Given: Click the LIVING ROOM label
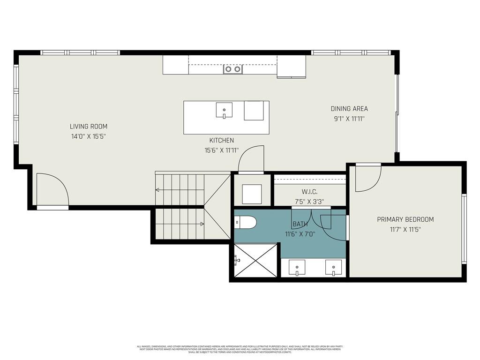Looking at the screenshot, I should click(x=89, y=127).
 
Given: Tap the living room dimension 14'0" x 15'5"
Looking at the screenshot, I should click(x=89, y=136).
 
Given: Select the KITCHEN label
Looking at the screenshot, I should click(x=221, y=141).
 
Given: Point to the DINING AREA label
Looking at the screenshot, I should click(x=349, y=109).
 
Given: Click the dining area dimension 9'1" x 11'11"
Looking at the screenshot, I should click(x=349, y=119).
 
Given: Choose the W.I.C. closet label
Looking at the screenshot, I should click(x=310, y=192).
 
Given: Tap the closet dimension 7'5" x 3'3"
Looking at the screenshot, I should click(x=310, y=202).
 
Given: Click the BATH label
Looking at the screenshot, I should click(x=300, y=224).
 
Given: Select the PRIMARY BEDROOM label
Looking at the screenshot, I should click(x=405, y=219).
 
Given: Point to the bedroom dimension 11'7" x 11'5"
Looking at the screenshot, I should click(x=405, y=230).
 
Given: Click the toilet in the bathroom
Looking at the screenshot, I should click(x=246, y=222).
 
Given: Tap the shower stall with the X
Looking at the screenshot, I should click(x=255, y=260).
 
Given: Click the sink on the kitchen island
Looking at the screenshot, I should click(x=224, y=111).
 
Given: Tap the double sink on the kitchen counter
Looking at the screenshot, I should click(x=233, y=69).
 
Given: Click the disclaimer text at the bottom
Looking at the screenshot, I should click(x=240, y=349).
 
